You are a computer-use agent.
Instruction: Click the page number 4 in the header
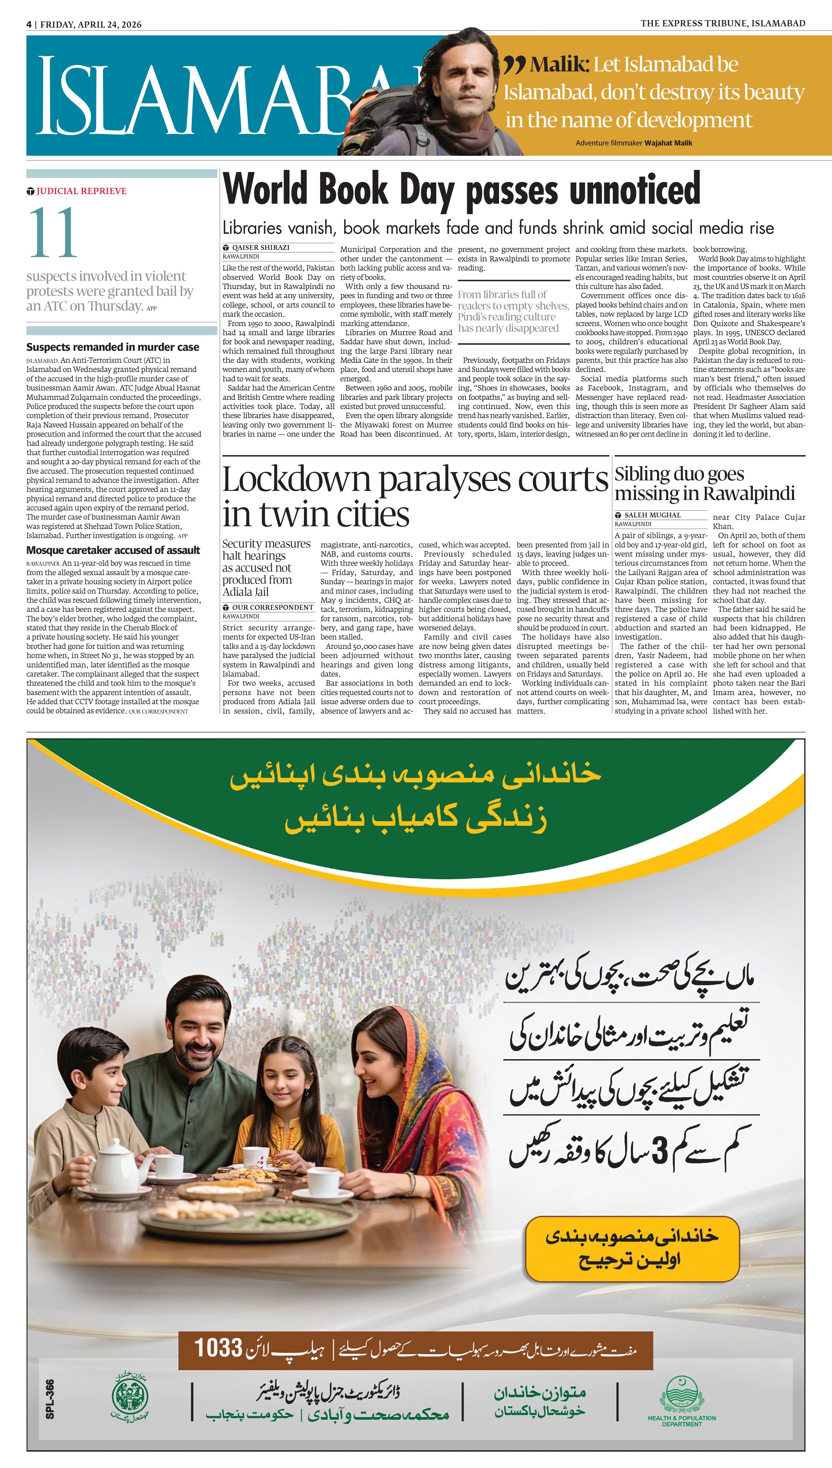(28, 24)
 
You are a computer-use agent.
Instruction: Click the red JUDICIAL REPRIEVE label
(81, 191)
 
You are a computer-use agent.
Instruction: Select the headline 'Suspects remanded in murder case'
(113, 347)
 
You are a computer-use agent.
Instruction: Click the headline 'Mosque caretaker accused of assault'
(113, 550)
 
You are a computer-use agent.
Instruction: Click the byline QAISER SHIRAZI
(261, 247)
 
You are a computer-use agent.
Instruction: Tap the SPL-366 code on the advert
(50, 1399)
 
